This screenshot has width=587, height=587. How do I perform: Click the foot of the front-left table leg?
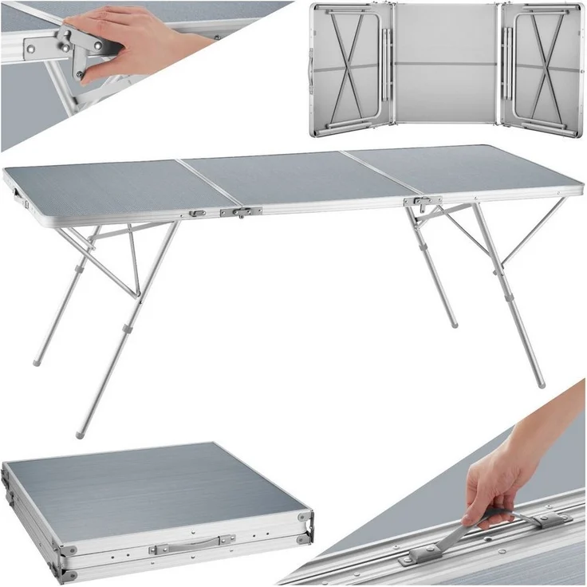coord(80,434)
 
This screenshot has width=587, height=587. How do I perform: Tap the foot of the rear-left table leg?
coord(37,362)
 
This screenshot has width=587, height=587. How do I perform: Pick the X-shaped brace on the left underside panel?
coord(351,68)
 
